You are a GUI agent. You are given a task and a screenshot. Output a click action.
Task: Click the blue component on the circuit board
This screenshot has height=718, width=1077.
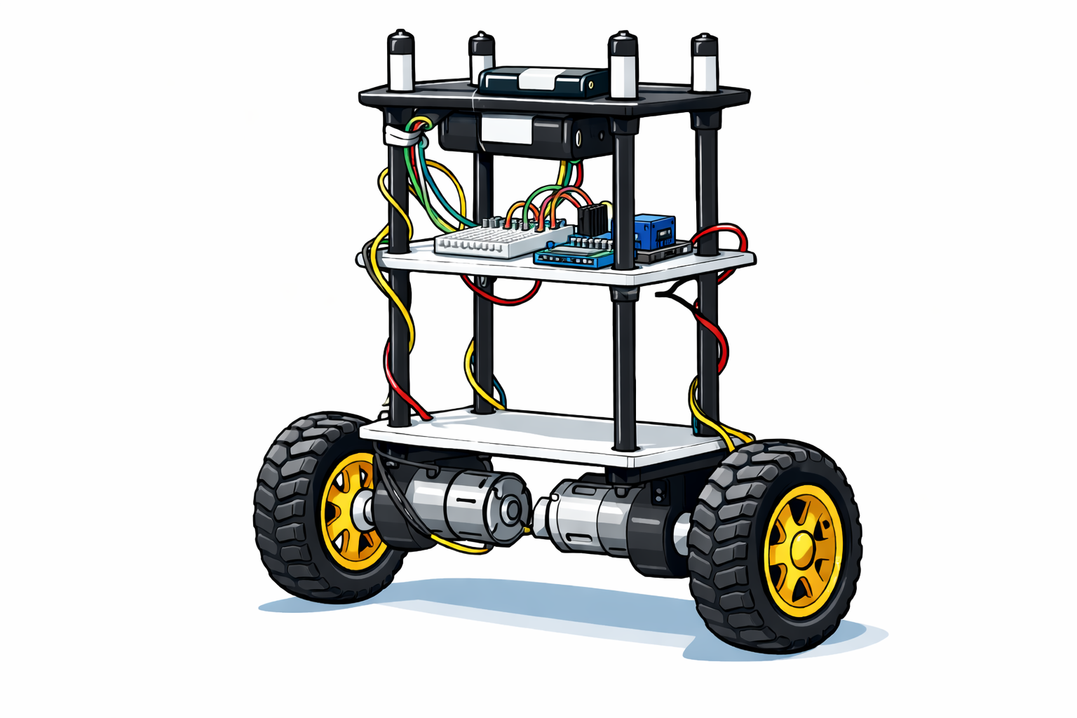pyautogui.click(x=653, y=229)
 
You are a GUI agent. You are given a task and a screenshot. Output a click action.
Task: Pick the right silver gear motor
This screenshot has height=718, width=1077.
pyautogui.click(x=582, y=522)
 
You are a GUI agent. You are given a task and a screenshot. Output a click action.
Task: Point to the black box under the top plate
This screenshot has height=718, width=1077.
pyautogui.click(x=519, y=135)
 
